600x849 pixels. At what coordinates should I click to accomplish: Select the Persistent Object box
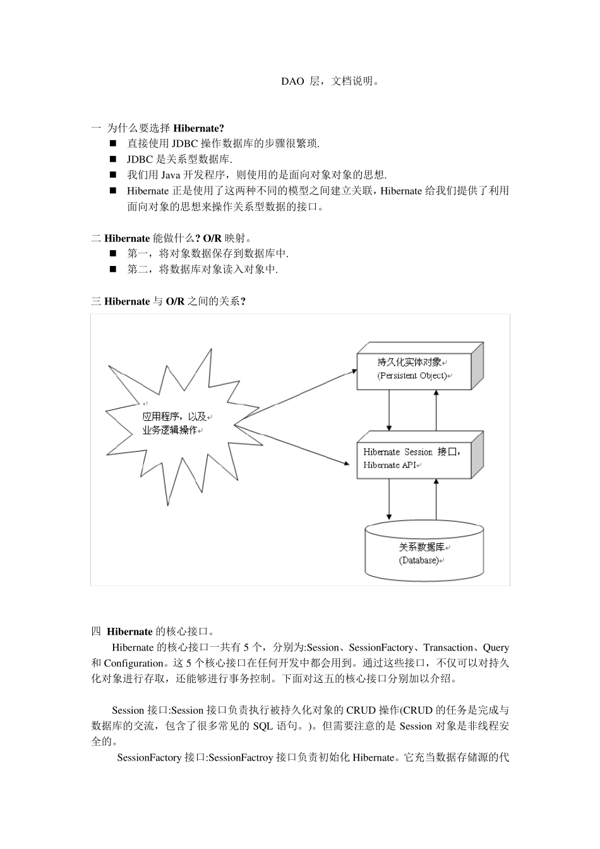pos(414,370)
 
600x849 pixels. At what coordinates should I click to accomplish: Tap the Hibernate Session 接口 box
pos(414,458)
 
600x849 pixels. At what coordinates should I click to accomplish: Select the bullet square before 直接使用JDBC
pos(114,144)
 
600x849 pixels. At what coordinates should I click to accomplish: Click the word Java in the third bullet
pos(171,175)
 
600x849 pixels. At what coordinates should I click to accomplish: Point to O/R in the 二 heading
pos(212,238)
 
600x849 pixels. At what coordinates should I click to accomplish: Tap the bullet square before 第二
pos(114,269)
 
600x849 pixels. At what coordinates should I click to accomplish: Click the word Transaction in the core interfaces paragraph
pos(448,647)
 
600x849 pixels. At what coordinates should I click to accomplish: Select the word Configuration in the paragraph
pos(134,663)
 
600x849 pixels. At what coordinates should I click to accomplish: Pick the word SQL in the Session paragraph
pos(263,726)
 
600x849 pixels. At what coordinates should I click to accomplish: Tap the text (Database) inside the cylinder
pos(419,560)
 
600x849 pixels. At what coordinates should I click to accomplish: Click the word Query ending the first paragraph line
pos(496,647)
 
